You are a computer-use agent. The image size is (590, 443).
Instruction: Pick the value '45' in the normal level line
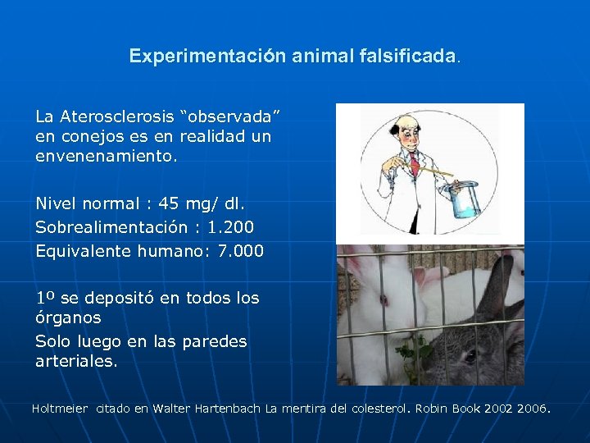[x=170, y=202]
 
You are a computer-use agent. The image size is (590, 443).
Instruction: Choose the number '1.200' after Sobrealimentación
[x=231, y=226]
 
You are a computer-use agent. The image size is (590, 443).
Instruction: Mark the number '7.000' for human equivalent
[x=240, y=251]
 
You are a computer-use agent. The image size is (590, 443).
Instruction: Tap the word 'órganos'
[x=68, y=317]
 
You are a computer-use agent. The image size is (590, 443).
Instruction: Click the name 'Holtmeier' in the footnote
[x=60, y=408]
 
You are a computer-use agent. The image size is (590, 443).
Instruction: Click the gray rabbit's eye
[x=470, y=356]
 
